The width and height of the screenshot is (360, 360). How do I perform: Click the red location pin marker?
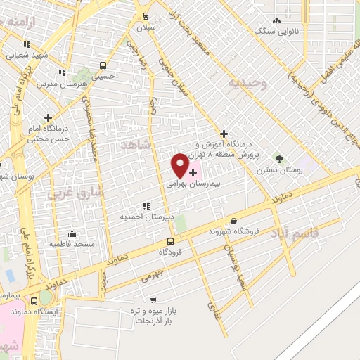(180, 165)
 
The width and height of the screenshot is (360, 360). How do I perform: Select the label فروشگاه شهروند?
(236, 231)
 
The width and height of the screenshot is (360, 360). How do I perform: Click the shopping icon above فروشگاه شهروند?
(233, 221)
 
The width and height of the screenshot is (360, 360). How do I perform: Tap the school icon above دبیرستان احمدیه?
(146, 206)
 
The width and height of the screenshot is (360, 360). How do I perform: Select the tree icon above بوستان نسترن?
(279, 159)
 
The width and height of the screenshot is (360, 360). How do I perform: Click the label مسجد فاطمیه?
(72, 243)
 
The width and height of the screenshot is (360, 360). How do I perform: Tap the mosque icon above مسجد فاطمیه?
(72, 233)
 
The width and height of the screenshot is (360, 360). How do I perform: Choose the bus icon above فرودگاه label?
(170, 241)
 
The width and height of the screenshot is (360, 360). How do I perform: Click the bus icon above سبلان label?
(146, 16)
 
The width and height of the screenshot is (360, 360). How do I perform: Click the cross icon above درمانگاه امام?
(48, 117)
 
